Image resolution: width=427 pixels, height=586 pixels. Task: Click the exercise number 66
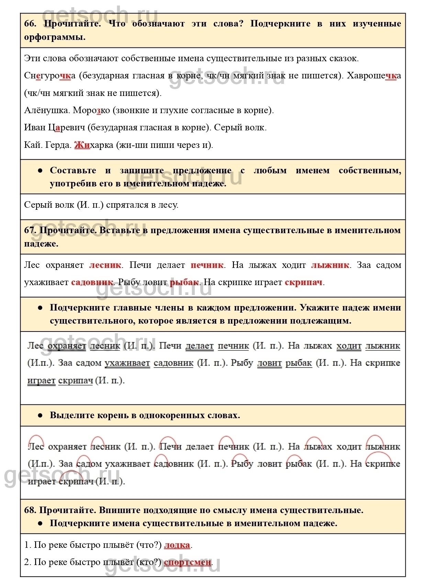(30, 24)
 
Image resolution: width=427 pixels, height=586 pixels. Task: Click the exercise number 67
(30, 230)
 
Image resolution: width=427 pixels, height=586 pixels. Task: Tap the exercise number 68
(30, 510)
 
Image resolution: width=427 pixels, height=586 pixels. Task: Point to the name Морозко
(91, 110)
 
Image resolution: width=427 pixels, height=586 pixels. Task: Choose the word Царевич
(66, 128)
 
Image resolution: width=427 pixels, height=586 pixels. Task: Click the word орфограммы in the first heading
(55, 37)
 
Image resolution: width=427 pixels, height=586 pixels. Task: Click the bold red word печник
(207, 265)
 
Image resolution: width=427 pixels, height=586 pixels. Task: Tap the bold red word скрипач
(303, 282)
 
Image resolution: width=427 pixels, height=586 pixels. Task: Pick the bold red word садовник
(92, 282)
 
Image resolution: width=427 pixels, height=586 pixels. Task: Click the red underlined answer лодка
(177, 545)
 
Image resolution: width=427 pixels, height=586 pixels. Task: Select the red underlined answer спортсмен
(188, 562)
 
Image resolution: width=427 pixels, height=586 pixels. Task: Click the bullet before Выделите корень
(40, 415)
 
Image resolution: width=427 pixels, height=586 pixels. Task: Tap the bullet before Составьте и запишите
(40, 171)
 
